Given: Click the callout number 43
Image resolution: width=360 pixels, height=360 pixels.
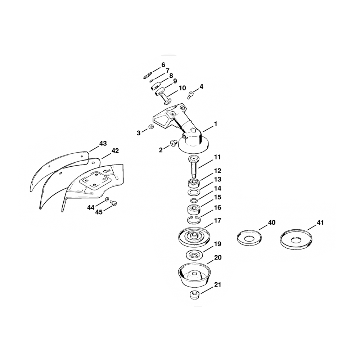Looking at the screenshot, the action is tap(103, 144).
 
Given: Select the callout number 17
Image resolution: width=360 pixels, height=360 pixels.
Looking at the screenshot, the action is tap(217, 221).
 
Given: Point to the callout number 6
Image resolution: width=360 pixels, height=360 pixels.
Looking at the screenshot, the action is tap(163, 65).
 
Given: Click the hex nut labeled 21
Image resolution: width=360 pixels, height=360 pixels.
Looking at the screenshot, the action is tap(194, 295).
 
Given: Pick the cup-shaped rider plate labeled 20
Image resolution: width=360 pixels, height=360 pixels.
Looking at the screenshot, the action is tap(194, 275).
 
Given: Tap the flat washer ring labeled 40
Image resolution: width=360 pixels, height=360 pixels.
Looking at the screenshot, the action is tap(249, 239).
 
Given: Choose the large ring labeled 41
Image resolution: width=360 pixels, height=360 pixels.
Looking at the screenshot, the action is tap(296, 240).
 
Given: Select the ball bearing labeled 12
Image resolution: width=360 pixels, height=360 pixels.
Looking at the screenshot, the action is tap(193, 183).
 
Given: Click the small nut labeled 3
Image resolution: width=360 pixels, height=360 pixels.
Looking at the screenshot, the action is tap(151, 127).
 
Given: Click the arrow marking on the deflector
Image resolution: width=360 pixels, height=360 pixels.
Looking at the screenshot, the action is tap(106, 171).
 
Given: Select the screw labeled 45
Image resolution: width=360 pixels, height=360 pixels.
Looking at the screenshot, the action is tap(113, 203).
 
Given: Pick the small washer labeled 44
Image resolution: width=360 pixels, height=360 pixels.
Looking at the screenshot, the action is tap(107, 199).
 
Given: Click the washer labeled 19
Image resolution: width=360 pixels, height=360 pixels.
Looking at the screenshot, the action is tap(194, 255).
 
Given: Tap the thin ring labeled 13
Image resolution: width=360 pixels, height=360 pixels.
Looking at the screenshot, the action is tap(193, 192).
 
